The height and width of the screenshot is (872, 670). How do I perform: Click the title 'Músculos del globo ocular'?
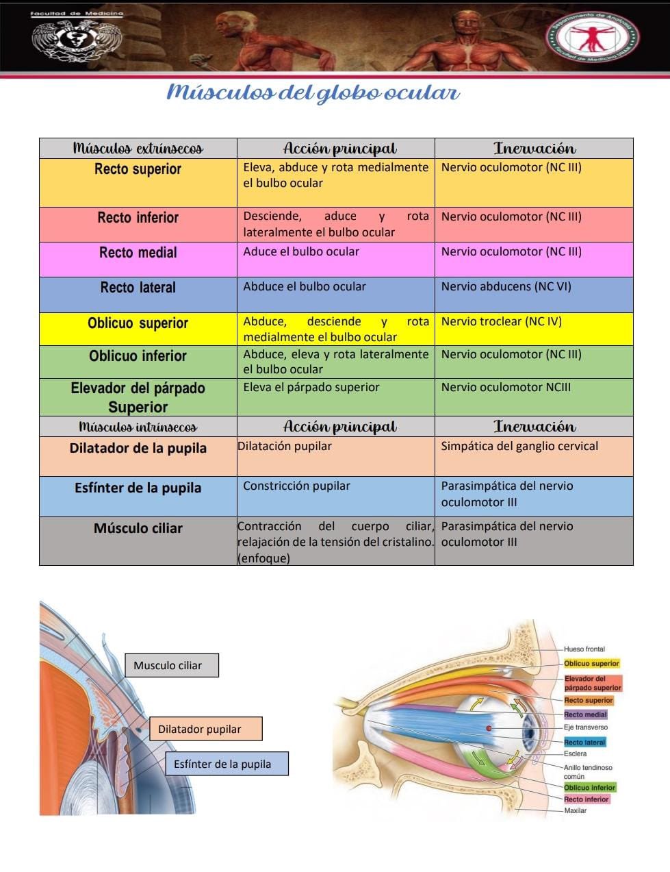pyautogui.click(x=313, y=92)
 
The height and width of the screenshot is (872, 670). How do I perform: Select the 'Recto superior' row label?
pyautogui.click(x=138, y=169)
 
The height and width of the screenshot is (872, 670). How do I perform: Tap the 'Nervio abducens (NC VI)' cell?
pyautogui.click(x=506, y=286)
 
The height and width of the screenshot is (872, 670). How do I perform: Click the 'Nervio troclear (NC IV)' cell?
pyautogui.click(x=501, y=321)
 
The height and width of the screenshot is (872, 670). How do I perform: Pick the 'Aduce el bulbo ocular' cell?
pyautogui.click(x=301, y=251)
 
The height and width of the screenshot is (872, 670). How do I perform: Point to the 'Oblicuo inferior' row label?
pyautogui.click(x=138, y=356)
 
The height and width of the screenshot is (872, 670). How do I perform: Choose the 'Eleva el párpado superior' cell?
pyautogui.click(x=311, y=387)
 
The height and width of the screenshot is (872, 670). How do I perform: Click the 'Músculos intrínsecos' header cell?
pyautogui.click(x=138, y=427)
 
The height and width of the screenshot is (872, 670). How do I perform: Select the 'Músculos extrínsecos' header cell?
pyautogui.click(x=138, y=149)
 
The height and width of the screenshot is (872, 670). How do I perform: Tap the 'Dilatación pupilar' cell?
pyautogui.click(x=285, y=446)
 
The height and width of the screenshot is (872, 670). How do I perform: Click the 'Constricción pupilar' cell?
pyautogui.click(x=296, y=486)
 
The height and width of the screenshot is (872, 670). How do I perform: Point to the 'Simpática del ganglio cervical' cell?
pyautogui.click(x=519, y=446)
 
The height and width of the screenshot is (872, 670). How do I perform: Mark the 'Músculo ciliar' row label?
pyautogui.click(x=138, y=528)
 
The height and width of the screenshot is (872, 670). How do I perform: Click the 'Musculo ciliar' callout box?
pyautogui.click(x=171, y=665)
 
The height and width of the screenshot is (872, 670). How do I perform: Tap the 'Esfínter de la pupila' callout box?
pyautogui.click(x=226, y=764)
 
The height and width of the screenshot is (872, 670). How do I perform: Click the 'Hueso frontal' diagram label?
pyautogui.click(x=584, y=649)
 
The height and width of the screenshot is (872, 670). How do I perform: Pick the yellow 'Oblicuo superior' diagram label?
pyautogui.click(x=591, y=663)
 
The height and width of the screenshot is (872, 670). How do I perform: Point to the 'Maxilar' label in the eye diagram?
pyautogui.click(x=575, y=810)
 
